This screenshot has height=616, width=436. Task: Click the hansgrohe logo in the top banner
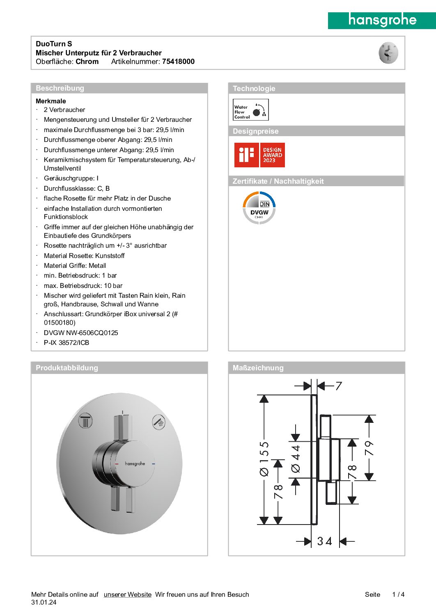point(382,20)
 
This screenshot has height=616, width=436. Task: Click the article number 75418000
point(178,62)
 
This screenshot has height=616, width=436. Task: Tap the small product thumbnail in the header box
point(388,53)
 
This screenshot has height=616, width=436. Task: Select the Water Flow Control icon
point(250,110)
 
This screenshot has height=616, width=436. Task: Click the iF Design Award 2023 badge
point(259,155)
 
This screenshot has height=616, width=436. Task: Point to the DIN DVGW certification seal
point(259,208)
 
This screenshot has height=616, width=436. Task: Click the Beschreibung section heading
point(60,88)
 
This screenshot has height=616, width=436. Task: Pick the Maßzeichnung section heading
point(258,368)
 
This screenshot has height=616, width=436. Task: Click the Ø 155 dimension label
point(264,459)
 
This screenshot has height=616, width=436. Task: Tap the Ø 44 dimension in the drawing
point(296,459)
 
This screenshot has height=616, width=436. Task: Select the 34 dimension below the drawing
point(324,541)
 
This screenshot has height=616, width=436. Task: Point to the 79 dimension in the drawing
point(369,448)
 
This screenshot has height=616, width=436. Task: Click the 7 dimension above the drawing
point(339,386)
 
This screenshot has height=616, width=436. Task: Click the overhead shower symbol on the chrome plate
point(85,421)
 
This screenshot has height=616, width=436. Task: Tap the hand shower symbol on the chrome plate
point(159,421)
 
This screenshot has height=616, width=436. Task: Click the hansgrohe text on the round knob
point(135,463)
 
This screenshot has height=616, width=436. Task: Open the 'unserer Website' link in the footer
point(127,594)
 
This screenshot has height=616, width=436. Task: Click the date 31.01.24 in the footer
point(44,602)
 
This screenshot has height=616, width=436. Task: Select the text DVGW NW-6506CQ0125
point(81,333)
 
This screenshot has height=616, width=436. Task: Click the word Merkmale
point(50,101)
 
